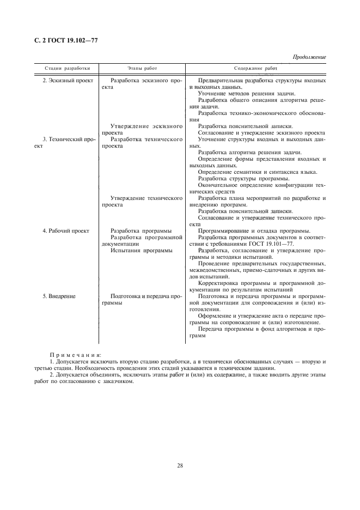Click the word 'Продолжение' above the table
coord(309,57)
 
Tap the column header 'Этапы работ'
coord(142,69)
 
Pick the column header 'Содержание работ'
coord(255,69)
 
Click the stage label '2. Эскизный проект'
coord(66,81)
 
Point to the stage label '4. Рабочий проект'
coord(66,231)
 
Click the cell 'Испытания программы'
coord(141,251)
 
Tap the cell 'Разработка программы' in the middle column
coord(141,231)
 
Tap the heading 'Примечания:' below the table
coord(72,355)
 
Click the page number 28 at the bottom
coord(180,465)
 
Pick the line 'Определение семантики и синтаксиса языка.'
coord(257,172)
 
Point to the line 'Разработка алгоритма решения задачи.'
coord(249,153)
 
